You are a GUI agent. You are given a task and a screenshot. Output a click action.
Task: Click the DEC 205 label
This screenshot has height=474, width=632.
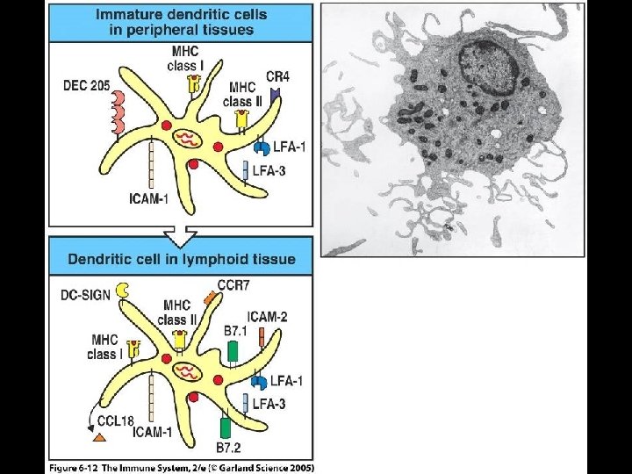click(88, 85)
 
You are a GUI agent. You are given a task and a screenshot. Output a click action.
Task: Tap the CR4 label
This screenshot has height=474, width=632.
click(277, 77)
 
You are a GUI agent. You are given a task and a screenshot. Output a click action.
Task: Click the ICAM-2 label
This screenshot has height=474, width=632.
click(266, 317)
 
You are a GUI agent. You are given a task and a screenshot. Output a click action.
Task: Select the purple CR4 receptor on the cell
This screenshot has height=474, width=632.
click(275, 92)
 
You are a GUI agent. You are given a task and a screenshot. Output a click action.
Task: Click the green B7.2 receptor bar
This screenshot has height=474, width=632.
click(225, 429)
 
